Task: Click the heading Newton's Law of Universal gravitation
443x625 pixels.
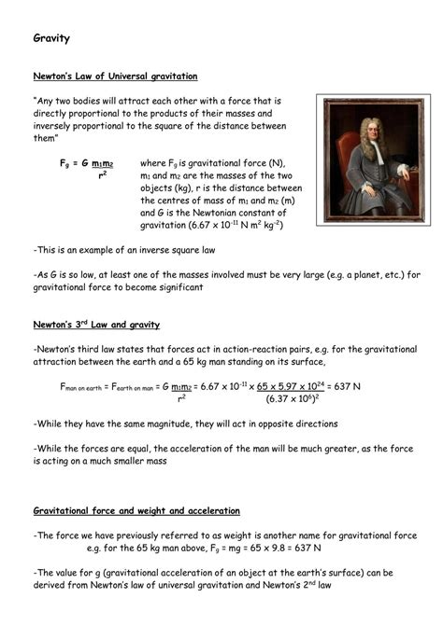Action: click(x=115, y=76)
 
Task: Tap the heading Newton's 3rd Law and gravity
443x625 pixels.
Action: click(x=96, y=324)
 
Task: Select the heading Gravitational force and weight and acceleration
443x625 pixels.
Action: click(x=136, y=511)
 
